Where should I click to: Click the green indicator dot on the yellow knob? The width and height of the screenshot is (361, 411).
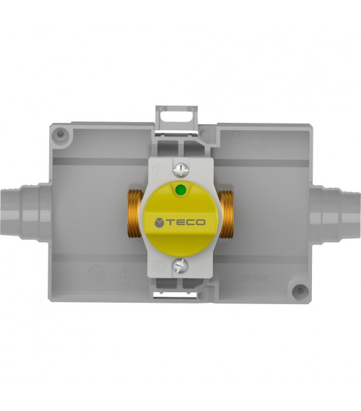(179, 191)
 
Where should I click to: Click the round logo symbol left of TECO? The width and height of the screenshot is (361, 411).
(159, 222)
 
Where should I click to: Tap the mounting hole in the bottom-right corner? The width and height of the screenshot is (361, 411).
(301, 289)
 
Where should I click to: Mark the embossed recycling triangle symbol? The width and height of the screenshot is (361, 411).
(124, 274)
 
